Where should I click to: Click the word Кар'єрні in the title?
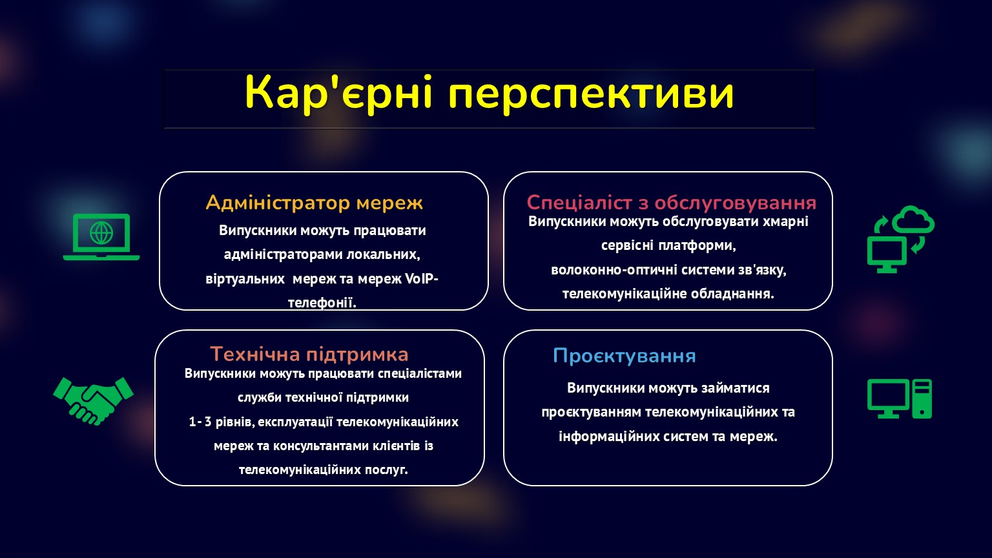point(338,92)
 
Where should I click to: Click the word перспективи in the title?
point(592,96)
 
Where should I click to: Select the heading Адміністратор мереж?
point(314,203)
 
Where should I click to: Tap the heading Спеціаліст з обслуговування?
point(672,203)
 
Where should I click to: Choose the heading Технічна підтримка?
point(309,355)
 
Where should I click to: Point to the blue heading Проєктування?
point(625,356)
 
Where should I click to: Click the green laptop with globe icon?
point(101,237)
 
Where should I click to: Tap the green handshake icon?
point(93,401)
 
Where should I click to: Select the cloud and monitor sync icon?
point(900,239)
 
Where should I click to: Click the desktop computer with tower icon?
point(900,398)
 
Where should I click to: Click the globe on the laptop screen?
point(101,232)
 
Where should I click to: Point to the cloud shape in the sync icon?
point(913,219)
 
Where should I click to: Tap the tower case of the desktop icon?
point(922,398)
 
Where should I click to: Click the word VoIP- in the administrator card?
point(422,279)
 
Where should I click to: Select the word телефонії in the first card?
point(322,303)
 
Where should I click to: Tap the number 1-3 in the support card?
point(200,422)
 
